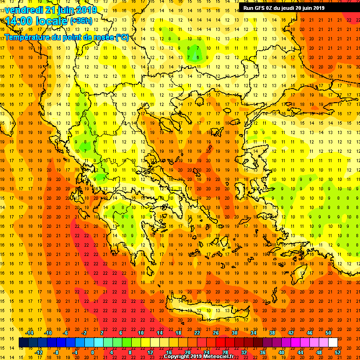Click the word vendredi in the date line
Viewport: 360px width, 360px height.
click(23, 9)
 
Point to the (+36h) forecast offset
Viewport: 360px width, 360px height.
click(81, 21)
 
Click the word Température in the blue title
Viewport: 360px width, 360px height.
click(29, 37)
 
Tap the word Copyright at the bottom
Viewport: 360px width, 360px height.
click(177, 356)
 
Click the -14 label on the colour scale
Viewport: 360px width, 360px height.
click(29, 333)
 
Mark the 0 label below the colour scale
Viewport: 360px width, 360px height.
click(93, 352)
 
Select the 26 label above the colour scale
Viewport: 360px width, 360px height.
click(216, 333)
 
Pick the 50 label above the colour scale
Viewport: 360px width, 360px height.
click(328, 333)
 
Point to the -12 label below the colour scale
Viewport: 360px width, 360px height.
click(39, 352)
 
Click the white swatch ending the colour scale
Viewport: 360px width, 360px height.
click(333, 343)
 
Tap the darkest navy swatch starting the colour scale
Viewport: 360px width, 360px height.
click(23, 343)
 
